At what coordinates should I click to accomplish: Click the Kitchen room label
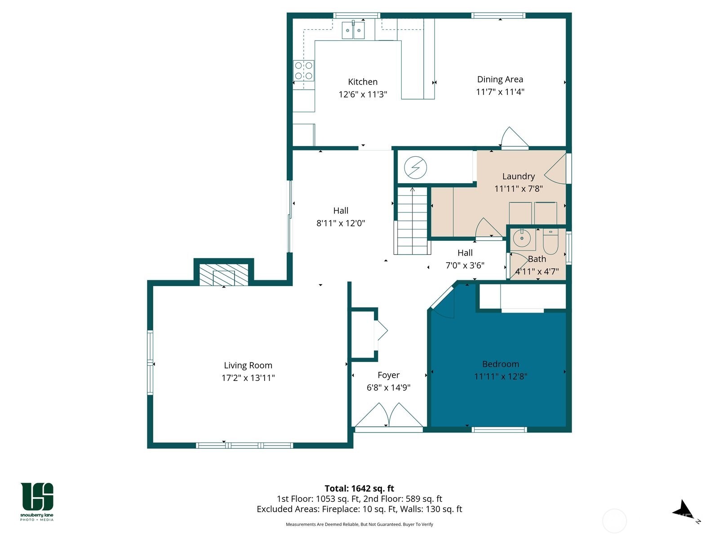tap(363, 82)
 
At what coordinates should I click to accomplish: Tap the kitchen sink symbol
tap(353, 31)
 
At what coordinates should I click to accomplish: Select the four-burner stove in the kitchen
tap(304, 71)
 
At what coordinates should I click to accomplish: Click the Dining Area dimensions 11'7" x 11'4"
tap(500, 92)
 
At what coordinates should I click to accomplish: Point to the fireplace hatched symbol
tap(224, 275)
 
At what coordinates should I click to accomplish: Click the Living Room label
tap(248, 366)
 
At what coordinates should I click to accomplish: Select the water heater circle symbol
tap(415, 168)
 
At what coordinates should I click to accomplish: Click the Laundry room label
tap(519, 177)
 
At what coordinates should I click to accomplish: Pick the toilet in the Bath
tap(550, 242)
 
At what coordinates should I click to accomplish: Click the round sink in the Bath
tap(522, 239)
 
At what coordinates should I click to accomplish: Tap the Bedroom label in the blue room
tap(501, 364)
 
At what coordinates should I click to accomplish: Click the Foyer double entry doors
tap(389, 416)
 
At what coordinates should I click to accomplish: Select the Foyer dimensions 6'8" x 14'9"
tap(389, 388)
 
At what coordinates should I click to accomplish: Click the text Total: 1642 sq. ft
tap(359, 488)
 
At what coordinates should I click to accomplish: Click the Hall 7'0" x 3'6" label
tap(465, 253)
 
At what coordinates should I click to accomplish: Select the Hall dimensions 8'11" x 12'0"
tap(341, 223)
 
